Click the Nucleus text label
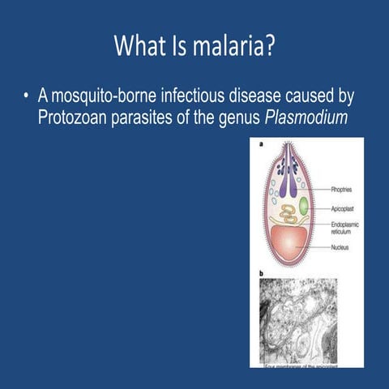point(340,248)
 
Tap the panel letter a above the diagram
point(260,145)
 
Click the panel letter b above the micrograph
point(260,274)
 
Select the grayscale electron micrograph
point(297,320)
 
